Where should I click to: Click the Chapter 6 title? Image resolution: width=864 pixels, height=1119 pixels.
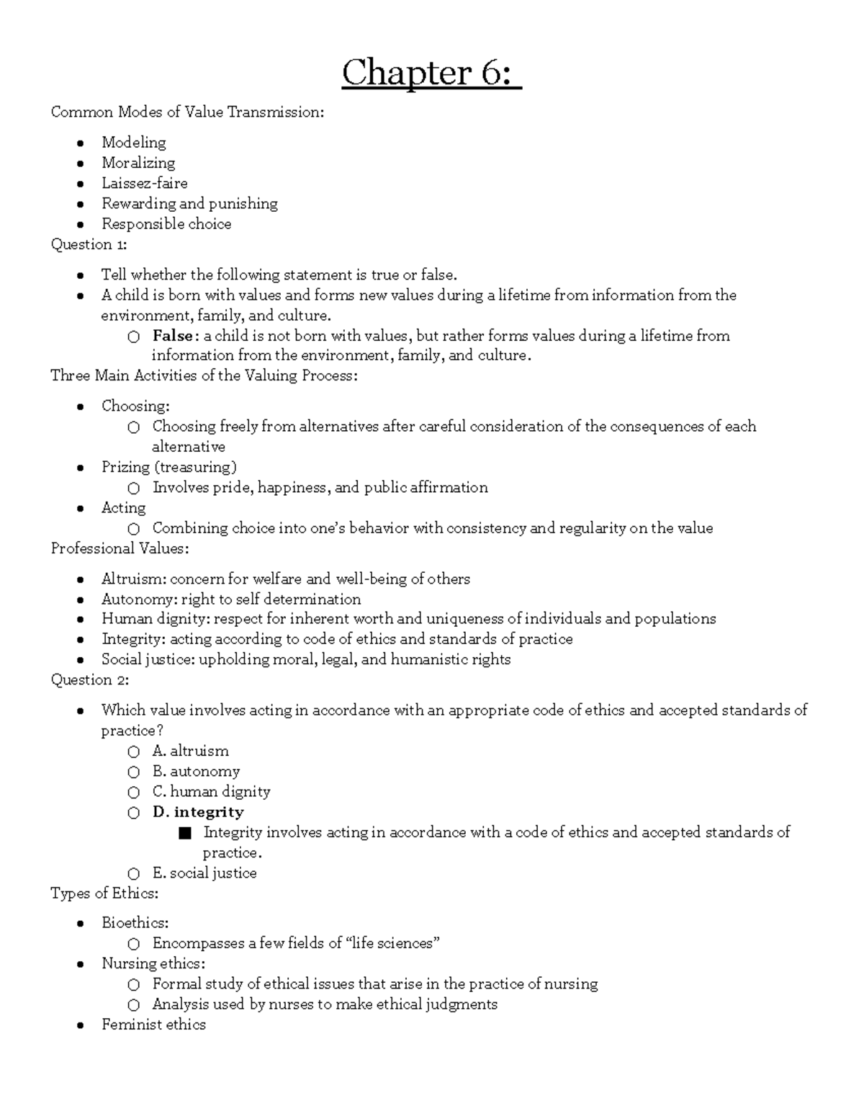(x=431, y=73)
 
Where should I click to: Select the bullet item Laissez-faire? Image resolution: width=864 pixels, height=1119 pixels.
(x=144, y=183)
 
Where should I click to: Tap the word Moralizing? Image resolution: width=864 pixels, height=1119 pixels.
(x=138, y=163)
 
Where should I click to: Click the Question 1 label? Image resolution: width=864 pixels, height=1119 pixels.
(x=89, y=244)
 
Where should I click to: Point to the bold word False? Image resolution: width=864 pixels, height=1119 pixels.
(x=172, y=336)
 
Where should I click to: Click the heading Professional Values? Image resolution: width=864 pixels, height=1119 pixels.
(x=120, y=548)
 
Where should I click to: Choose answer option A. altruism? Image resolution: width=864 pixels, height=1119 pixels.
(x=190, y=751)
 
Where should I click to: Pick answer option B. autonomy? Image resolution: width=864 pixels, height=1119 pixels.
(x=195, y=771)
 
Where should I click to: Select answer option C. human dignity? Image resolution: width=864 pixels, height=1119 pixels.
(x=211, y=791)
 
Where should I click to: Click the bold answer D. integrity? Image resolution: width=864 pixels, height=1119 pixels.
(x=198, y=812)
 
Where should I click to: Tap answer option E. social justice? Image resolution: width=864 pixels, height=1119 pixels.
(x=204, y=873)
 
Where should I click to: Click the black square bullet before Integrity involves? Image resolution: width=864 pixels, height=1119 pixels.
(x=185, y=833)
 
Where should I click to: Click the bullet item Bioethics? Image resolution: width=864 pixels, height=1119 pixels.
(x=135, y=922)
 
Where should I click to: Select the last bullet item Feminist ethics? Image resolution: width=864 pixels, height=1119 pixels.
(x=153, y=1024)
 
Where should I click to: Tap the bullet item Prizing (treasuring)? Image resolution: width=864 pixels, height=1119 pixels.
(x=168, y=467)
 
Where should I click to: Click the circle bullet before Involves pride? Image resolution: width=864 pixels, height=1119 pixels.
(x=134, y=489)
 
